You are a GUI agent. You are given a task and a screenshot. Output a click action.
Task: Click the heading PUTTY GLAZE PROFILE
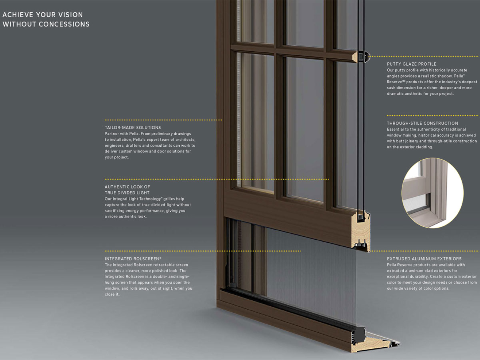(x=412, y=64)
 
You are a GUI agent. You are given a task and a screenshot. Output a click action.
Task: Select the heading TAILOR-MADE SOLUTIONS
(x=133, y=128)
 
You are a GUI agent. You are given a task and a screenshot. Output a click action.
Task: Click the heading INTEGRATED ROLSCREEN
(x=133, y=259)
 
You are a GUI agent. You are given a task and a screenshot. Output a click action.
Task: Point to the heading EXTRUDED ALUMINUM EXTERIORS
(x=424, y=259)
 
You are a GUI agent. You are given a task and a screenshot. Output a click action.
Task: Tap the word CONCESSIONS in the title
(x=64, y=24)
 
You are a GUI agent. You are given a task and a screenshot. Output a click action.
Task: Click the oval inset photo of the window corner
(x=432, y=193)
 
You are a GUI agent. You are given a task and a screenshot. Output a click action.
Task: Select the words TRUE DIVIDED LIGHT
(x=127, y=193)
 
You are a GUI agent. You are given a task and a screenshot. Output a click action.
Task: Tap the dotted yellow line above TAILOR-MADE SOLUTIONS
(x=163, y=120)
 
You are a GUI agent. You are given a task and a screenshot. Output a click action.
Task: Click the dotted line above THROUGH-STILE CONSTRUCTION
(x=433, y=116)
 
